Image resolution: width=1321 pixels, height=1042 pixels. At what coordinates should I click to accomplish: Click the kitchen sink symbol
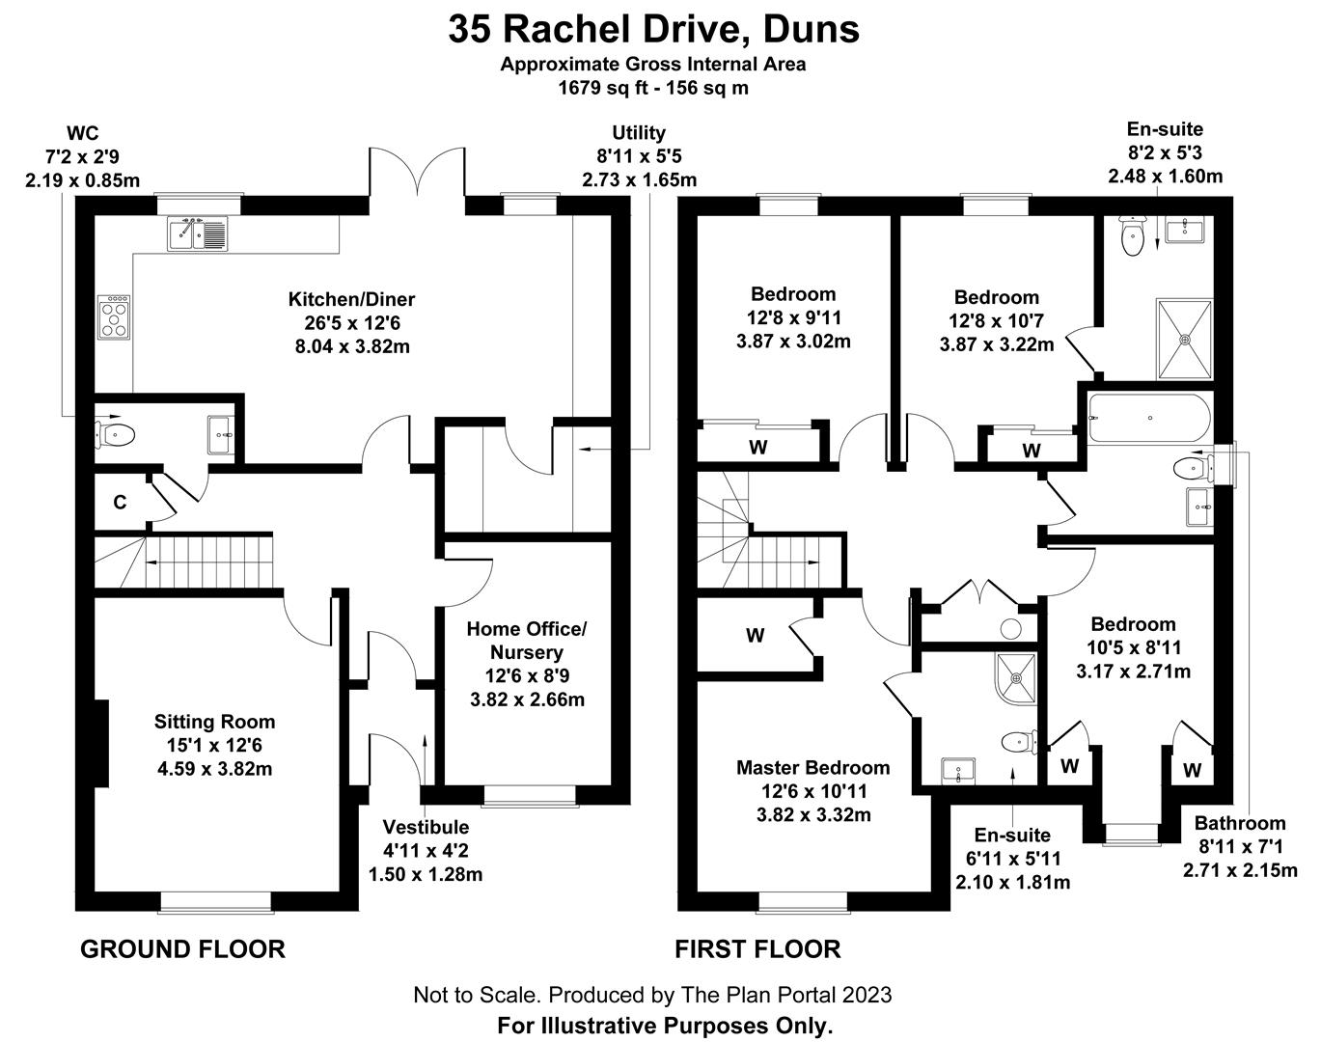[197, 233]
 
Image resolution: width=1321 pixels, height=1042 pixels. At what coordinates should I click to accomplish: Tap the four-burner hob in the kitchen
[114, 316]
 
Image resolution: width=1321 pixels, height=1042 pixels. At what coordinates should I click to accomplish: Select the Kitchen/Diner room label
[352, 300]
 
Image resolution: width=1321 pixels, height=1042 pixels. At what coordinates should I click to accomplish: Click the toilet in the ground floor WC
[115, 435]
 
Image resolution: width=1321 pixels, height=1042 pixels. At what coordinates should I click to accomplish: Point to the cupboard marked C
[121, 503]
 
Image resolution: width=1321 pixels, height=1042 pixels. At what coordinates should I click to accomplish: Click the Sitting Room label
[215, 722]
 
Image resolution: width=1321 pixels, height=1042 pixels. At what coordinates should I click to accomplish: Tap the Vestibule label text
[426, 827]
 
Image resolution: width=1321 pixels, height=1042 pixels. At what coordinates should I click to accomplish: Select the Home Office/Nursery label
[527, 641]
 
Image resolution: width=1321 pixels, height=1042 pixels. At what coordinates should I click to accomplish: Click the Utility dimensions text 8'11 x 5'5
[639, 156]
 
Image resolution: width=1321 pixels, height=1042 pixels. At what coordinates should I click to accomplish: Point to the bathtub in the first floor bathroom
[1148, 418]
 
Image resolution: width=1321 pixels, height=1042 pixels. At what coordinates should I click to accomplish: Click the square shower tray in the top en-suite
[1185, 339]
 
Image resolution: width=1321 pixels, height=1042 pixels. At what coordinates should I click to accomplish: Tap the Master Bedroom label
[813, 768]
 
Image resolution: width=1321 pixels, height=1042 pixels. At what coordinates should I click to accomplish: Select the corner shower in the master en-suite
[1016, 678]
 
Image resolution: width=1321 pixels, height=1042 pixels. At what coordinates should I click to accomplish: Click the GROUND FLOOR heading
[183, 949]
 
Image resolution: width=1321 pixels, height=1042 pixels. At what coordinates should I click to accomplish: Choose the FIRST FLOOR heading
[757, 949]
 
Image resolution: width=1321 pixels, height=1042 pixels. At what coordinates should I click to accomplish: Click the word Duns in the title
[811, 30]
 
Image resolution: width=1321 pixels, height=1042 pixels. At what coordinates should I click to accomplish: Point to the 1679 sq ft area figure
[603, 88]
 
